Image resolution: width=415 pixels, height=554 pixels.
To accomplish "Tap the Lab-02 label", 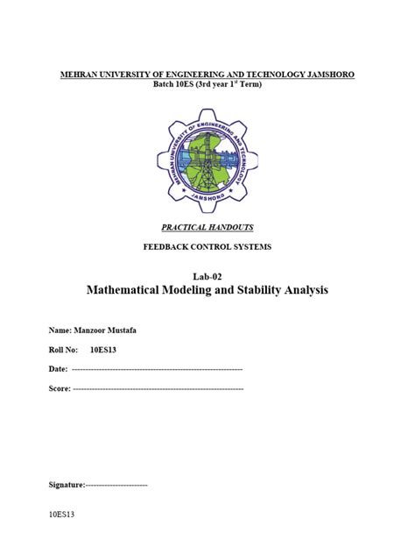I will (207, 276).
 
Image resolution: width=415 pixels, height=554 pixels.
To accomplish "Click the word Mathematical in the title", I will (131, 290).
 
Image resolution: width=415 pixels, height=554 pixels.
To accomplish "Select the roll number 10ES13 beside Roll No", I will (103, 349).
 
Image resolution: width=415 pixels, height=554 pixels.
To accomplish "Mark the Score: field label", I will (59, 387).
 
